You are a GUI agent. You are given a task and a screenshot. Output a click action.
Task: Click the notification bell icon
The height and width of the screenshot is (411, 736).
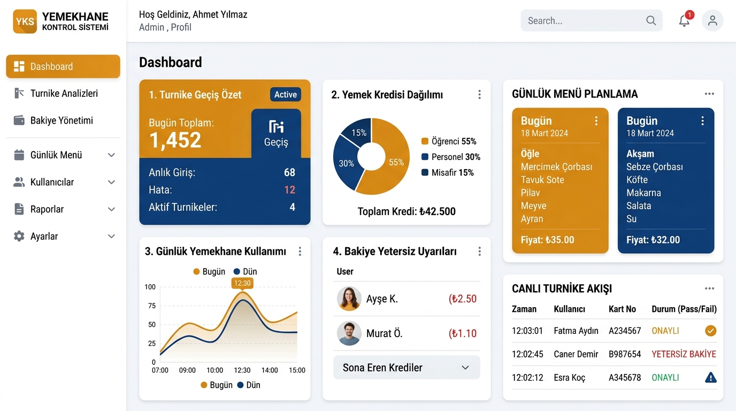(x=684, y=21)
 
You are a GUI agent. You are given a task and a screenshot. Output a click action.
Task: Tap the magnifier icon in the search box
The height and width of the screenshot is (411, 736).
(x=651, y=21)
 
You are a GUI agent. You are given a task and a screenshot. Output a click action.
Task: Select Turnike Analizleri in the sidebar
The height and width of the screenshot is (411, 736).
(x=64, y=93)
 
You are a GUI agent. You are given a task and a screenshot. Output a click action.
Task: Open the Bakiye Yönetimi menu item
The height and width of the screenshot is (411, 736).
(x=62, y=120)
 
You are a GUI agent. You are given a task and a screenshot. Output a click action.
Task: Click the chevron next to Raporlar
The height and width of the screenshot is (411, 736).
(x=112, y=209)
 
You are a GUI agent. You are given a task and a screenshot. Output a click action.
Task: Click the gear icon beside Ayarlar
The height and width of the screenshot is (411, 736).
(x=19, y=236)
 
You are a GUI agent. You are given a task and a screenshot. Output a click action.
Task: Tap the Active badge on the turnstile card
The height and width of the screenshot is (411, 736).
(x=286, y=95)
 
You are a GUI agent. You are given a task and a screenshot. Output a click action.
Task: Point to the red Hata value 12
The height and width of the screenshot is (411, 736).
(x=289, y=190)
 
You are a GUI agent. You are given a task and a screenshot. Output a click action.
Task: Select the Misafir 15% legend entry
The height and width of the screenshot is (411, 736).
(x=448, y=173)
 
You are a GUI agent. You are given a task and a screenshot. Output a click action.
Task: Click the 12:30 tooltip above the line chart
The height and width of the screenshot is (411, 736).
(x=242, y=283)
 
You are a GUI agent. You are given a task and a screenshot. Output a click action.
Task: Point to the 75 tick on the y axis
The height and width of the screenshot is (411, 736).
(x=151, y=306)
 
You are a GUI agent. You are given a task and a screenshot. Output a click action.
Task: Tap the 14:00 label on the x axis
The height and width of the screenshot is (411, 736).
(x=270, y=370)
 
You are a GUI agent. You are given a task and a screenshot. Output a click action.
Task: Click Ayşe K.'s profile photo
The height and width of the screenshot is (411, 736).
(x=349, y=299)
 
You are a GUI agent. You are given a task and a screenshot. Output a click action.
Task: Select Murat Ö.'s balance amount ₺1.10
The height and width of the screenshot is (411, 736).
(x=462, y=333)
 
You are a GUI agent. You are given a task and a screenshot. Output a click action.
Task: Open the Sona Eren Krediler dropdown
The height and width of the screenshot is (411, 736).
(x=407, y=368)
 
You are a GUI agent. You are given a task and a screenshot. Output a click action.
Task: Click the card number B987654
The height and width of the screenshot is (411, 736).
(x=625, y=354)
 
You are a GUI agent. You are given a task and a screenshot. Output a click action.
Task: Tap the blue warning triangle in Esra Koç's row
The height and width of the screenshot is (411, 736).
(x=710, y=377)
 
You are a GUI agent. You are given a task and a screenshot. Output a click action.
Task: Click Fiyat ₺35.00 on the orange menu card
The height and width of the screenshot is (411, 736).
(x=547, y=240)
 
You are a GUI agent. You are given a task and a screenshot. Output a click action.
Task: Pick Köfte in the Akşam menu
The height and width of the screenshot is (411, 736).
(x=637, y=180)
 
